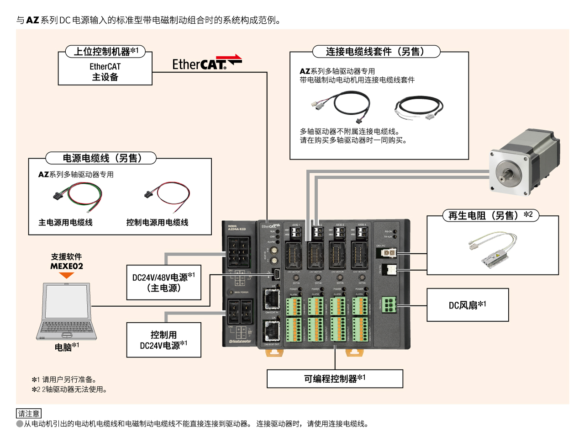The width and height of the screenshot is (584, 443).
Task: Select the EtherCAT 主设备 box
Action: pos(105,72)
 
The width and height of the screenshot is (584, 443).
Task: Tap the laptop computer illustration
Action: pos(67,312)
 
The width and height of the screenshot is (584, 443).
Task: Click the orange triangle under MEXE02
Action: pos(67,275)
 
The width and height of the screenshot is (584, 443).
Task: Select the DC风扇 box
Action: pos(468,305)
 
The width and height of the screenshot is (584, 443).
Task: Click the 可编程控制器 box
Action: pos(335,379)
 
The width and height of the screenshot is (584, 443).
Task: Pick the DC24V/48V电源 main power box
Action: pos(163,283)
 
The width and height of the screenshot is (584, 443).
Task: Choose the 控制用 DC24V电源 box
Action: pos(163,340)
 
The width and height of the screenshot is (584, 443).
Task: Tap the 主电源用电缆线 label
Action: pos(65,223)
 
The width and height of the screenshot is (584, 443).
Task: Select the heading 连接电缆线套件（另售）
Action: pos(376,52)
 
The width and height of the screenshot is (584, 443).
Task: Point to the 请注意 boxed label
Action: pos(28,414)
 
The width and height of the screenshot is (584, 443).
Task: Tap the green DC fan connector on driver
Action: pos(389,304)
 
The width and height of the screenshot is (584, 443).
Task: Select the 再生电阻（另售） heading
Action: pos(490,215)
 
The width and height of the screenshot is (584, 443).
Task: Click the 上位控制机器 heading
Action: pos(105,52)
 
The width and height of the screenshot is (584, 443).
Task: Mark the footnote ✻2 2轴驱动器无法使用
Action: pos(69,390)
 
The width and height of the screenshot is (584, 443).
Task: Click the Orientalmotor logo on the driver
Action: pos(240,342)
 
